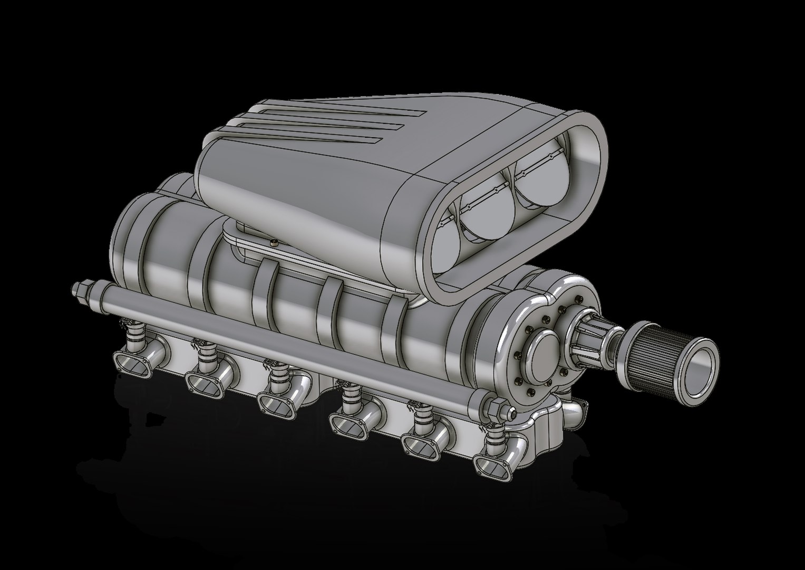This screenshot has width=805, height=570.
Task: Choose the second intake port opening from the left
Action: tap(203, 382)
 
